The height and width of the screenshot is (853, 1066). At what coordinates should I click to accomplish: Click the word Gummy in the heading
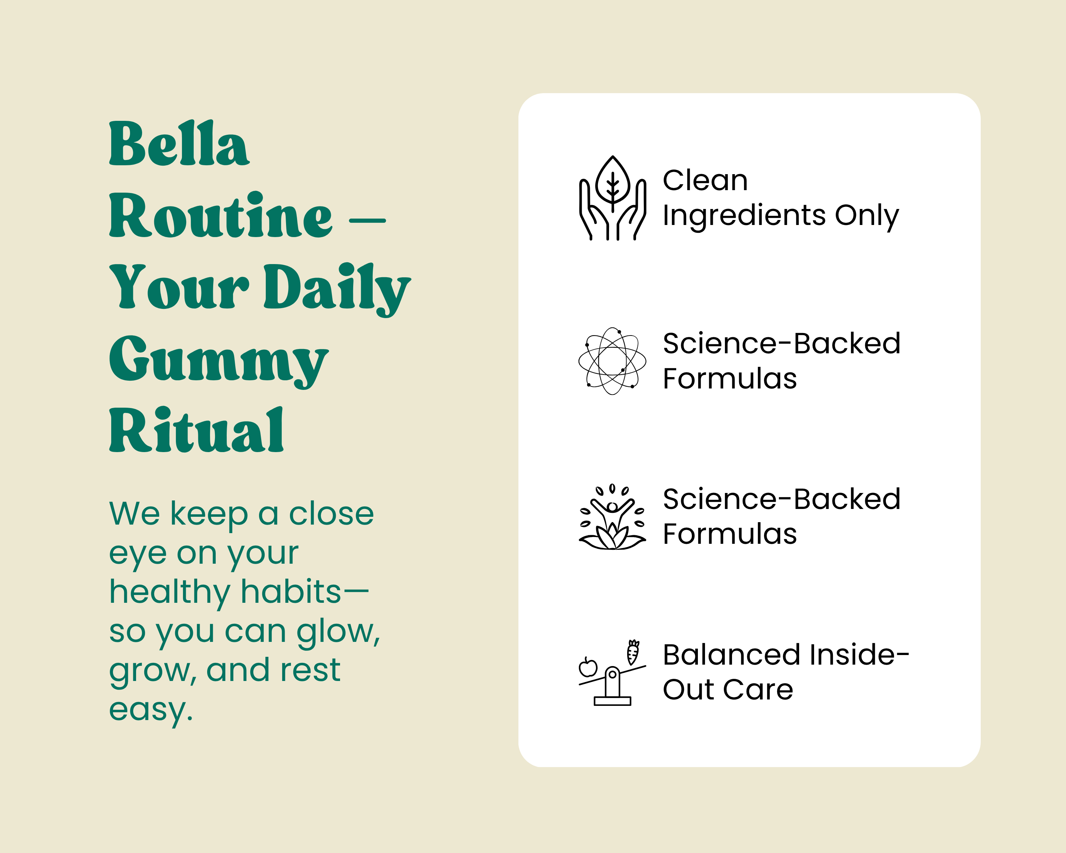tap(219, 361)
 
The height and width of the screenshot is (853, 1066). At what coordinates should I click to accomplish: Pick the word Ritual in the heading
tap(196, 430)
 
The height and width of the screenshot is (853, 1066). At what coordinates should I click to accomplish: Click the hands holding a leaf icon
tap(613, 198)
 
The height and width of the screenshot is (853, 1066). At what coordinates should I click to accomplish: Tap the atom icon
tap(612, 361)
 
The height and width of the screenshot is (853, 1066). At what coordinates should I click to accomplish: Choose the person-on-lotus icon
tap(612, 517)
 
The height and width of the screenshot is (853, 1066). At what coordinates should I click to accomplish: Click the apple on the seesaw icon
tap(588, 667)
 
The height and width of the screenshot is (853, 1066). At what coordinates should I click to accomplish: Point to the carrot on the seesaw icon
tap(633, 652)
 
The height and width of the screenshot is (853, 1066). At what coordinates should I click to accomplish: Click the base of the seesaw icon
tap(612, 701)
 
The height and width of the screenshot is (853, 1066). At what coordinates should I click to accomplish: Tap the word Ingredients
tap(744, 216)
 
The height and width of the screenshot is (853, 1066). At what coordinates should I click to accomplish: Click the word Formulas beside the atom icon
tap(730, 379)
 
